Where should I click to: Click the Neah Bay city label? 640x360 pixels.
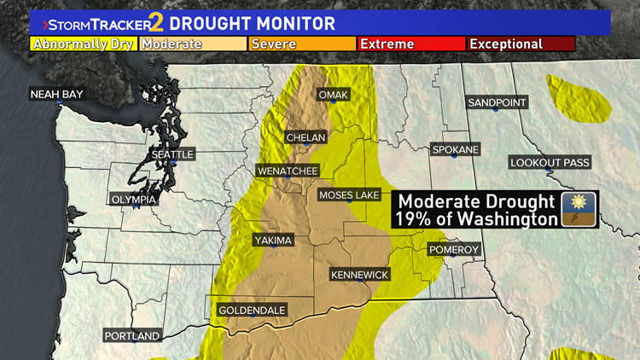click(x=57, y=94)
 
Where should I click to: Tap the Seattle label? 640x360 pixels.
click(x=172, y=154)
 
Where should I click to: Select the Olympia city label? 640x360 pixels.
click(x=134, y=199)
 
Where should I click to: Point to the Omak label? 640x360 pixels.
click(x=333, y=95)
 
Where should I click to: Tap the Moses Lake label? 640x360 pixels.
click(x=349, y=195)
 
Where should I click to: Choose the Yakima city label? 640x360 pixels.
click(x=273, y=241)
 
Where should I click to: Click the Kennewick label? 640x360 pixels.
click(x=360, y=275)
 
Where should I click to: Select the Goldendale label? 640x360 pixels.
click(x=252, y=311)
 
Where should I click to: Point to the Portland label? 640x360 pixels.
click(x=132, y=336)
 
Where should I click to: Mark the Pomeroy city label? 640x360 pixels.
click(x=454, y=249)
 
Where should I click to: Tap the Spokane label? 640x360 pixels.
click(x=456, y=149)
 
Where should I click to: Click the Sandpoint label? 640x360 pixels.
click(x=497, y=102)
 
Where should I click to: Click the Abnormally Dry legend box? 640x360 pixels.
click(x=83, y=44)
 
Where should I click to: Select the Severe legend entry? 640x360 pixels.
click(x=301, y=44)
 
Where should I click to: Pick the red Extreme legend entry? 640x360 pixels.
click(x=410, y=44)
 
